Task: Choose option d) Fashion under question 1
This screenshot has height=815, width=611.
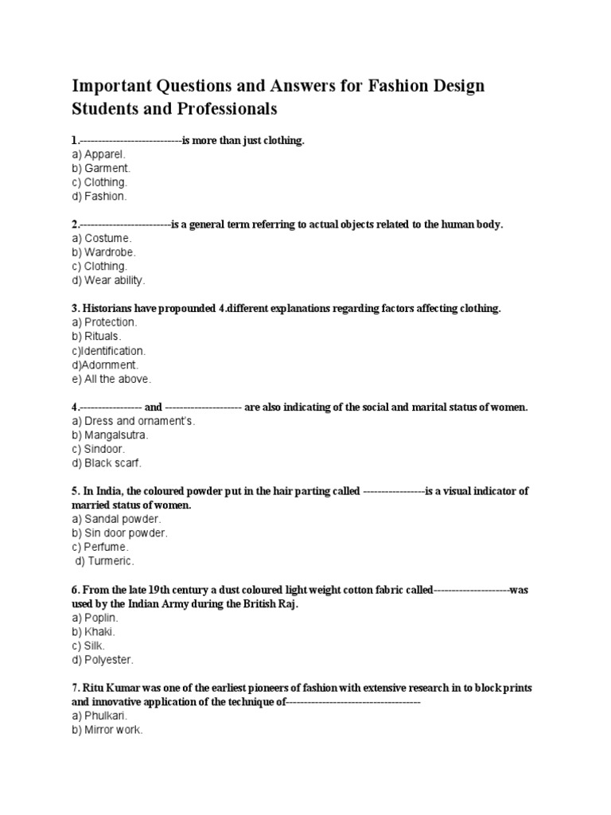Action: pyautogui.click(x=99, y=196)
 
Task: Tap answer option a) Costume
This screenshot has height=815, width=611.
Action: pyautogui.click(x=102, y=238)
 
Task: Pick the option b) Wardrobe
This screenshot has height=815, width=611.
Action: pyautogui.click(x=105, y=252)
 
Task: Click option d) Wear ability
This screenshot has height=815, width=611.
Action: pyautogui.click(x=108, y=280)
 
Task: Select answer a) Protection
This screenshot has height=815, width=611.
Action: pyautogui.click(x=104, y=322)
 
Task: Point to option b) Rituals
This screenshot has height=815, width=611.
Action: pyautogui.click(x=99, y=337)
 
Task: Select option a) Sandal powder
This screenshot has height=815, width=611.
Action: pyautogui.click(x=116, y=519)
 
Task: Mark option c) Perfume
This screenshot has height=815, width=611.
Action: pyautogui.click(x=99, y=548)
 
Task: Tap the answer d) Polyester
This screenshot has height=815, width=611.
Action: pyautogui.click(x=103, y=660)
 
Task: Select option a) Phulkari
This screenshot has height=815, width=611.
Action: pyautogui.click(x=99, y=716)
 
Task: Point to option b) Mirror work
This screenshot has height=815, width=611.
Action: pyautogui.click(x=107, y=730)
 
